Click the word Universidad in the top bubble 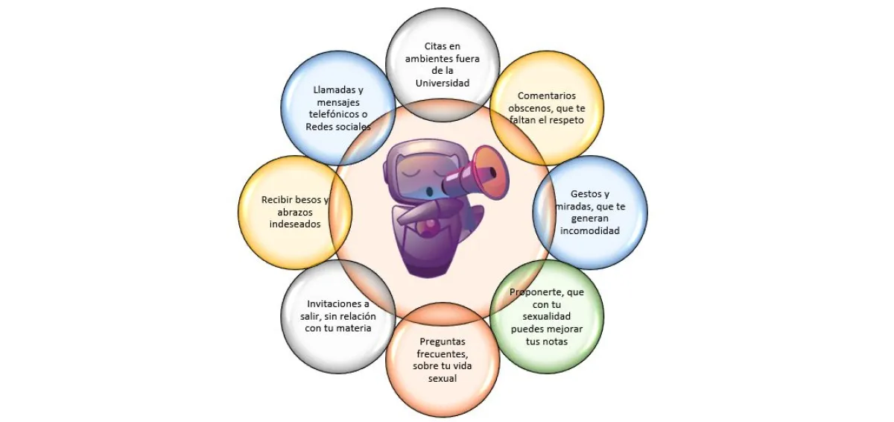pyautogui.click(x=443, y=83)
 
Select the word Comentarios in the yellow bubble pyautogui.click(x=547, y=95)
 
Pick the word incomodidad pyautogui.click(x=590, y=231)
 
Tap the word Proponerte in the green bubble pyautogui.click(x=536, y=292)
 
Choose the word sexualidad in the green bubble pyautogui.click(x=546, y=316)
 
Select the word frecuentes pyautogui.click(x=442, y=353)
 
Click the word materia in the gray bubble pyautogui.click(x=354, y=328)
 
